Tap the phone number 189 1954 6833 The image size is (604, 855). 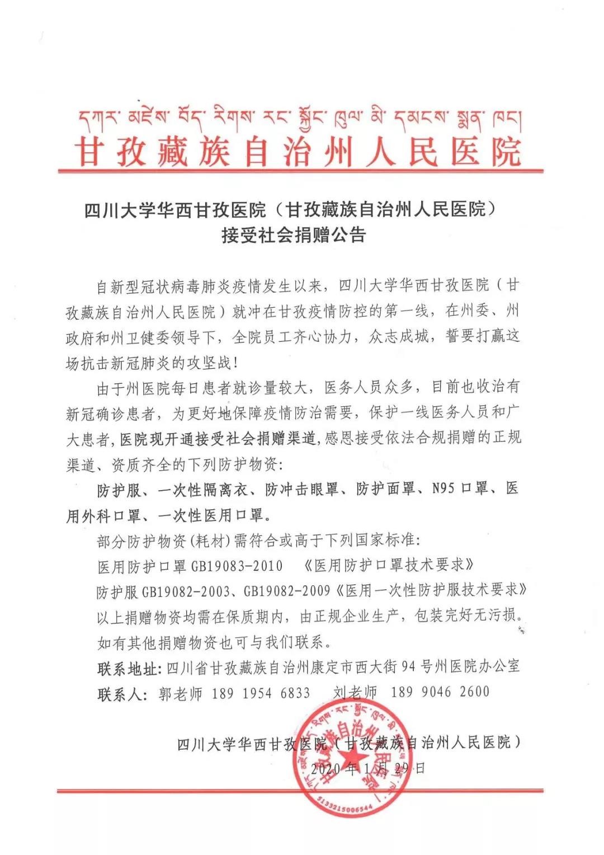[x=261, y=692]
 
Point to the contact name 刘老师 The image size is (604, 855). [x=355, y=692]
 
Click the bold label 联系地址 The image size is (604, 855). [x=127, y=667]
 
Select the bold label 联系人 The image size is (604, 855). [x=119, y=693]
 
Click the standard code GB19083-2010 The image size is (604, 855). [x=237, y=566]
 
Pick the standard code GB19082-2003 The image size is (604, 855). [x=182, y=591]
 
